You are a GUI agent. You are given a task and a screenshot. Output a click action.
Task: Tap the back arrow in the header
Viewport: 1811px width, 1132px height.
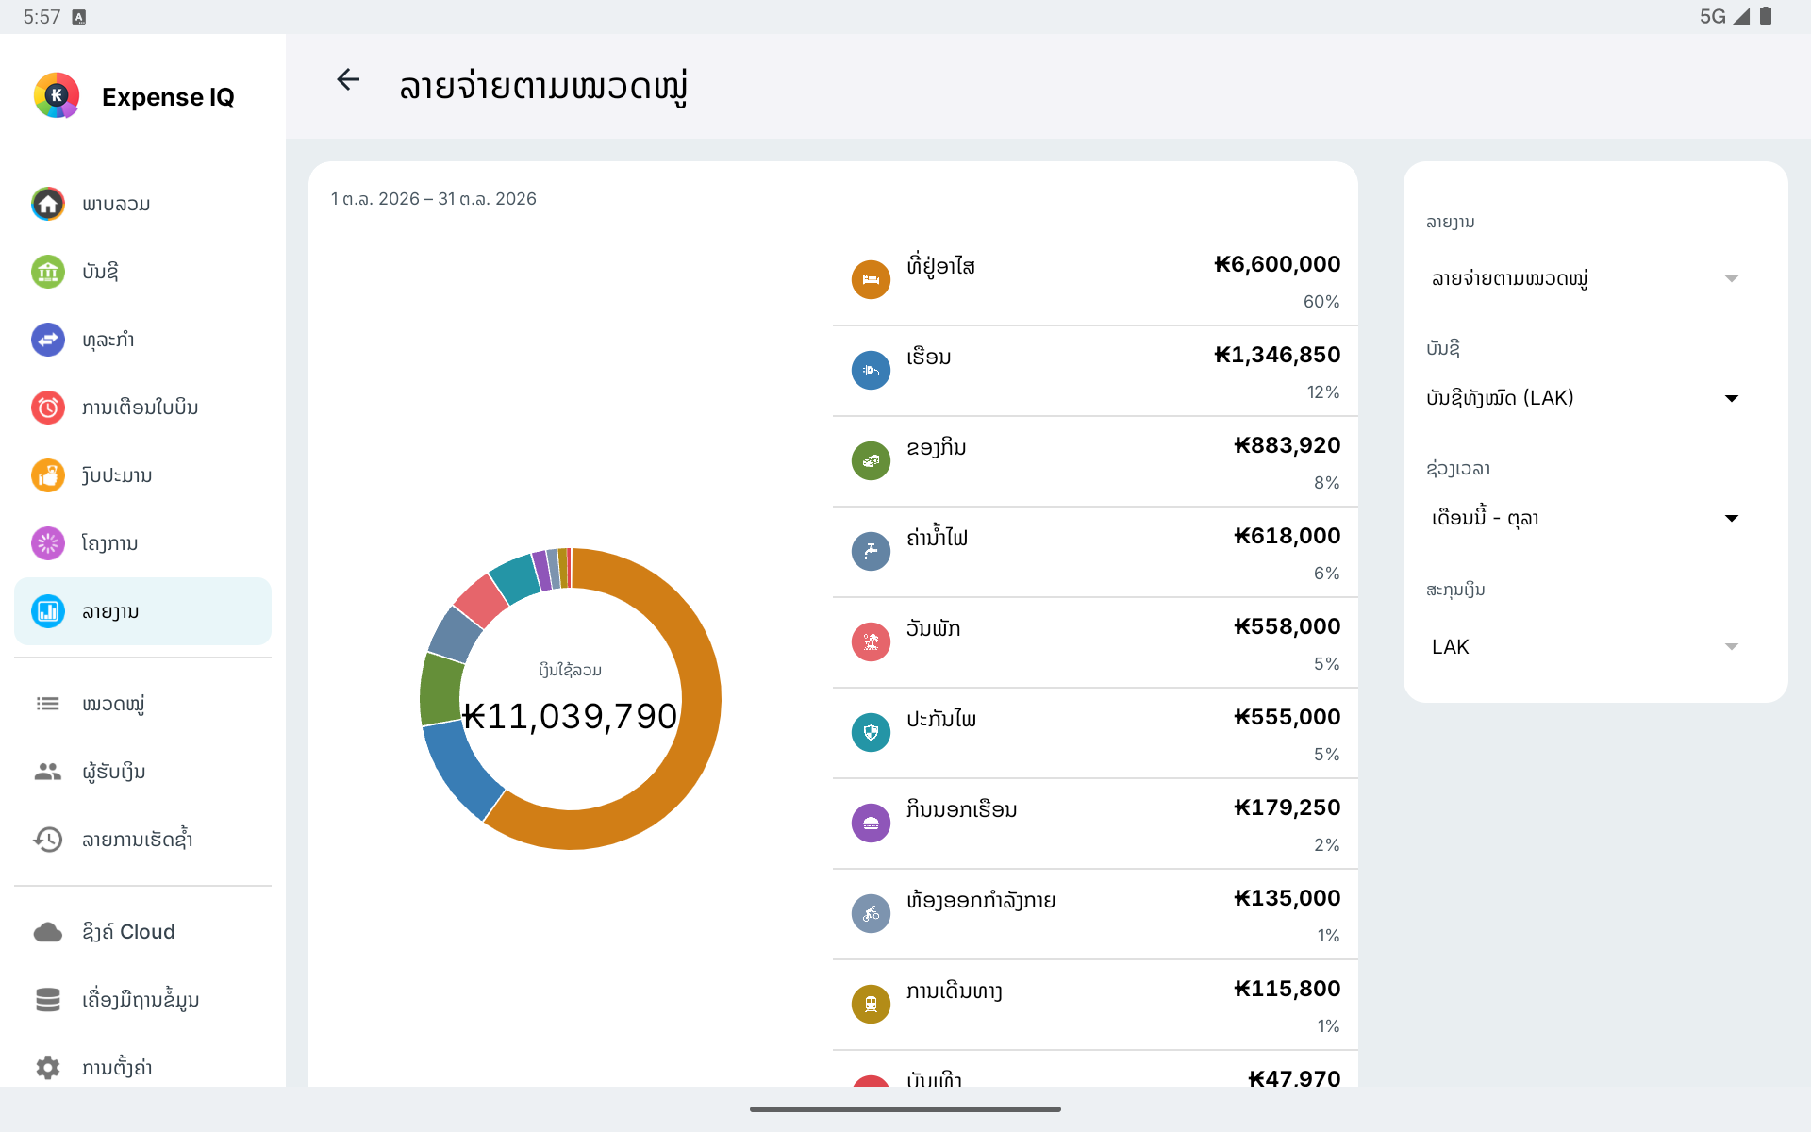point(348,80)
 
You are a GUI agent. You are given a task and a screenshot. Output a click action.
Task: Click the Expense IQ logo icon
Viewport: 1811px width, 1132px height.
point(57,95)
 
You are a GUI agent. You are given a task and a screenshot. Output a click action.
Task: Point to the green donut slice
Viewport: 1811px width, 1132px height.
point(440,689)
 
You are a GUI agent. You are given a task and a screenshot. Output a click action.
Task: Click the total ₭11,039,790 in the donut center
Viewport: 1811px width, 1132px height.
point(570,716)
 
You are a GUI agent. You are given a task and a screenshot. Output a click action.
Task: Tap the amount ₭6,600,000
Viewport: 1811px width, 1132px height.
point(1277,264)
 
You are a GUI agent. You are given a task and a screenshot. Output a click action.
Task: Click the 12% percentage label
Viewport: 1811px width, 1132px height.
point(1323,392)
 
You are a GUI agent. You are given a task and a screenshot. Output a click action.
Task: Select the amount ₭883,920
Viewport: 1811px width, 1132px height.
point(1288,445)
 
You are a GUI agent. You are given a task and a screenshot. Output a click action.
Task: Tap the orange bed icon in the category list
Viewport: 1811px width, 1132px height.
point(871,279)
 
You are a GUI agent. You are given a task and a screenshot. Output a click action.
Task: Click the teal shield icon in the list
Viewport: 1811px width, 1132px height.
point(871,732)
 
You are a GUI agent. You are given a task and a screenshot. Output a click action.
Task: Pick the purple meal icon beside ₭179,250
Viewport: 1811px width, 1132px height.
point(871,823)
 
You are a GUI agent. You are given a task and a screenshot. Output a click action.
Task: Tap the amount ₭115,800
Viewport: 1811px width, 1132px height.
point(1288,989)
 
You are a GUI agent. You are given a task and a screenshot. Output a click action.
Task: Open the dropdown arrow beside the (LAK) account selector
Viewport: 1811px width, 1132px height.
point(1732,398)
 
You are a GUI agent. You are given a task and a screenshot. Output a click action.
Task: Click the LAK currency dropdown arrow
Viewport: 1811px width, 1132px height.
point(1732,647)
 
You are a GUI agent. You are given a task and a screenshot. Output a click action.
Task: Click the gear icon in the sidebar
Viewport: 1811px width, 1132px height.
point(48,1067)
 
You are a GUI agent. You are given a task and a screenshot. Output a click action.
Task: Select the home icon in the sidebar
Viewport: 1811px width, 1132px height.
point(48,204)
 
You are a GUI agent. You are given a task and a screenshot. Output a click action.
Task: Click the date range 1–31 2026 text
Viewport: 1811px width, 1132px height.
point(434,199)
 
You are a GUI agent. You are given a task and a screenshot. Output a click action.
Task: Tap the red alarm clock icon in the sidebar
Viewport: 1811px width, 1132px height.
point(48,408)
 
